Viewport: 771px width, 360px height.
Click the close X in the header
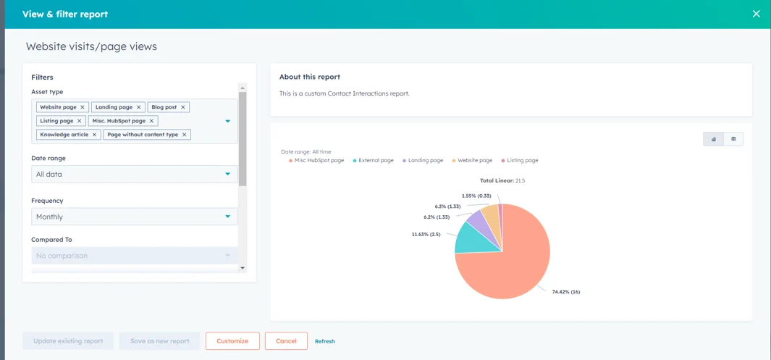tap(756, 14)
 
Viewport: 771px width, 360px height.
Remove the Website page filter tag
tap(83, 107)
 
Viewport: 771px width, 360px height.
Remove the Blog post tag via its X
tap(183, 107)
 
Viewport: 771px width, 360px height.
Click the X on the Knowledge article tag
tap(94, 135)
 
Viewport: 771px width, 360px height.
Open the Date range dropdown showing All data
tap(135, 174)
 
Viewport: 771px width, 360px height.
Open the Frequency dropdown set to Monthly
tap(135, 217)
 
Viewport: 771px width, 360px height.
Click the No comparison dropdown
tap(135, 256)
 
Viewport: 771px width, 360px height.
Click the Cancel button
tap(286, 341)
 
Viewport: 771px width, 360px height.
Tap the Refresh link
tap(324, 341)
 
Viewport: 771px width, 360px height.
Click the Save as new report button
tap(159, 341)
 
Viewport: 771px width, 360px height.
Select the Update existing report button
tap(68, 341)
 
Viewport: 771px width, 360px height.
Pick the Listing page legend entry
tap(522, 160)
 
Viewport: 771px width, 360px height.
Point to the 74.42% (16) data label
tap(565, 292)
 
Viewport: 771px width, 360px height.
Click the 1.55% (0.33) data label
tap(476, 196)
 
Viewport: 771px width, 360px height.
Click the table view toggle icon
tap(733, 139)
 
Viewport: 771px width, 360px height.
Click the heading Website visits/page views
tap(91, 46)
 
